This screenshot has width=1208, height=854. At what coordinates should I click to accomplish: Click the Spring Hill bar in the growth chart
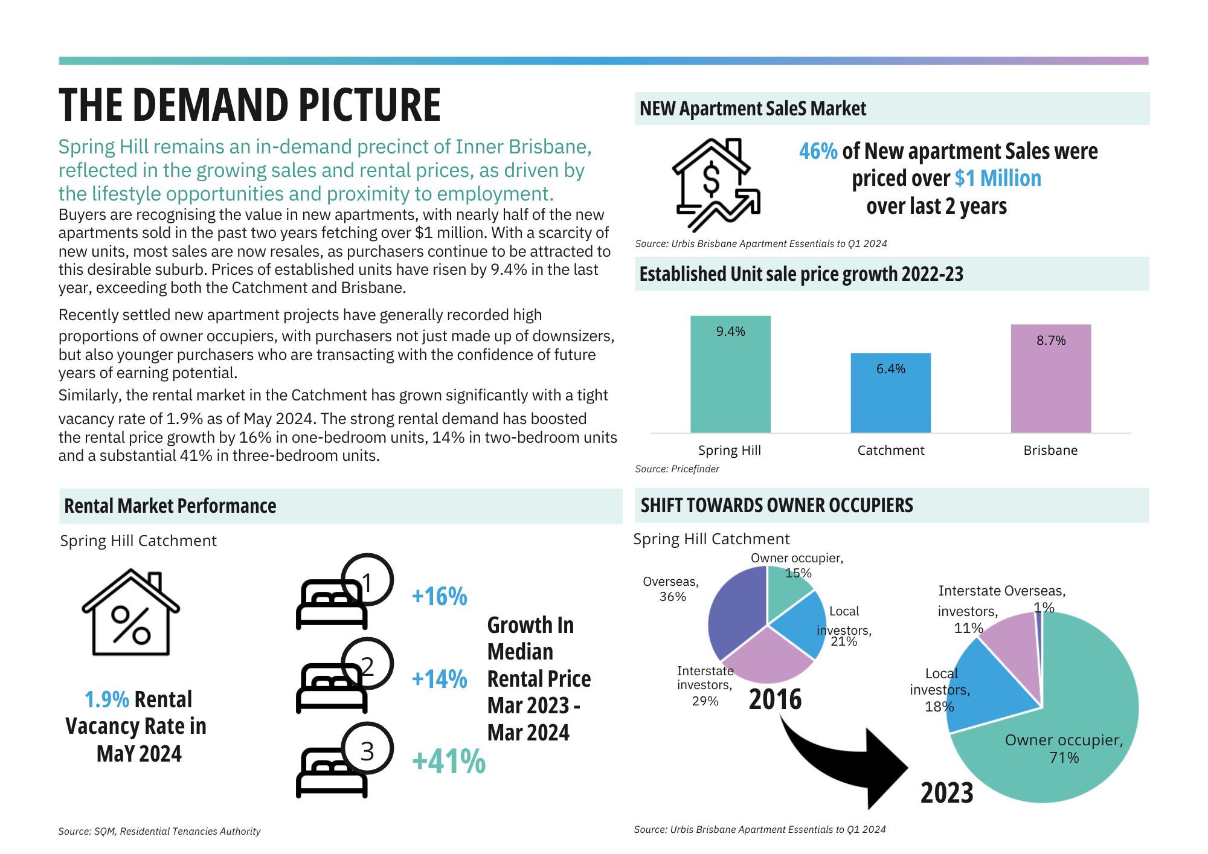pyautogui.click(x=730, y=380)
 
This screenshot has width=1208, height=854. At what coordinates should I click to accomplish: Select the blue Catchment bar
pyautogui.click(x=890, y=399)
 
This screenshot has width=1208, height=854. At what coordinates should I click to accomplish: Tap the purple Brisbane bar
pyautogui.click(x=1050, y=387)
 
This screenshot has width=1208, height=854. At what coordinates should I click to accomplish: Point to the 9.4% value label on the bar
pyautogui.click(x=730, y=332)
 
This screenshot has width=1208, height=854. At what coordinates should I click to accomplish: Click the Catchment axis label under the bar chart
pyautogui.click(x=890, y=451)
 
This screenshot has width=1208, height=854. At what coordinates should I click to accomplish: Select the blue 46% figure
pyautogui.click(x=818, y=152)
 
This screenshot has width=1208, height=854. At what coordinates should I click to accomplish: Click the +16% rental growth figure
pyautogui.click(x=439, y=597)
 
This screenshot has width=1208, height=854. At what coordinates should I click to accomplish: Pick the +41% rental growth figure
pyautogui.click(x=448, y=761)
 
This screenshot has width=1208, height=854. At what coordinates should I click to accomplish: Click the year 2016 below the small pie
pyautogui.click(x=775, y=699)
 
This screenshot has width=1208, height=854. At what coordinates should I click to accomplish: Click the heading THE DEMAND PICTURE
pyautogui.click(x=249, y=106)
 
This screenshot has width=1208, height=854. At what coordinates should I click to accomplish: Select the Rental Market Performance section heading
pyautogui.click(x=170, y=506)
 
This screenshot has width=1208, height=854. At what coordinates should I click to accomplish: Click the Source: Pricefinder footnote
pyautogui.click(x=677, y=469)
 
